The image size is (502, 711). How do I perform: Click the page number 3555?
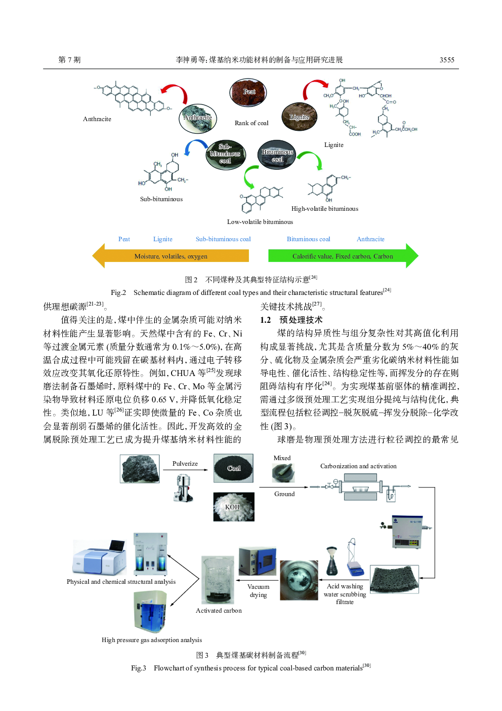click(446, 60)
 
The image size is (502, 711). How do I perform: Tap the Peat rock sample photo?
click(248, 93)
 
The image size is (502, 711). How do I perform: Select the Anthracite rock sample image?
click(198, 118)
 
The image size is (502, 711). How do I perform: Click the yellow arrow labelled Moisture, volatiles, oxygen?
click(171, 256)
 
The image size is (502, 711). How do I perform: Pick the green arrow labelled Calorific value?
click(343, 256)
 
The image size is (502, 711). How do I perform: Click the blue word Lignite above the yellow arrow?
click(162, 239)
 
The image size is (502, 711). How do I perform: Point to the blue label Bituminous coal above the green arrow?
click(308, 239)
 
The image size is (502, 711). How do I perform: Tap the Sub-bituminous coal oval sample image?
click(225, 155)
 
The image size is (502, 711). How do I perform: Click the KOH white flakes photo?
click(233, 507)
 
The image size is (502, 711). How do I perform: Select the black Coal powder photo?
click(233, 468)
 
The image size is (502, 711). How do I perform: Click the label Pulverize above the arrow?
click(185, 464)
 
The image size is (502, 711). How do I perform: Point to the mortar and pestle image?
click(283, 473)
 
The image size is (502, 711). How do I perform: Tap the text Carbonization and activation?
click(358, 466)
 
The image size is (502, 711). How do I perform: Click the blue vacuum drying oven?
click(257, 562)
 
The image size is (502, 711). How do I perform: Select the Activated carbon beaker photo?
click(218, 580)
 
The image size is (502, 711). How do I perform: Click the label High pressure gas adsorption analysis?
click(151, 640)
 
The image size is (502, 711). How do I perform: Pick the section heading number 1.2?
click(266, 320)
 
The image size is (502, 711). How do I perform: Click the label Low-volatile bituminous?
click(260, 222)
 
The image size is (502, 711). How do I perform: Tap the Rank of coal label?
click(252, 123)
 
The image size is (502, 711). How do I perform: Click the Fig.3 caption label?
click(139, 668)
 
